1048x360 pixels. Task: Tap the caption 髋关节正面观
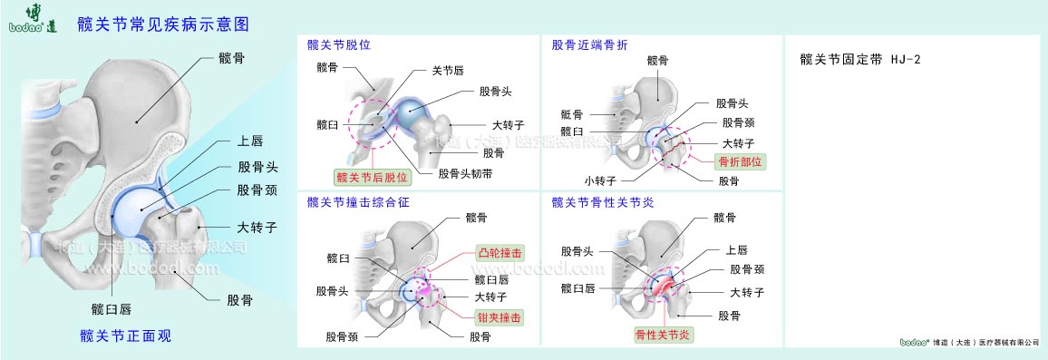(x=125, y=336)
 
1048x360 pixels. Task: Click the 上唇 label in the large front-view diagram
(x=249, y=141)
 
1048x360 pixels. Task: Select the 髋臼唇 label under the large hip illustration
(x=112, y=309)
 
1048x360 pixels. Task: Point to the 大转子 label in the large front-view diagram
(x=257, y=227)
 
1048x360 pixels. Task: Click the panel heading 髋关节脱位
(x=339, y=44)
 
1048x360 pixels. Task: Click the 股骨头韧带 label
(x=465, y=173)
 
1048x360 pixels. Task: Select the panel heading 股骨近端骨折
(x=589, y=44)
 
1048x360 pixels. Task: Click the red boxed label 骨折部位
(x=741, y=161)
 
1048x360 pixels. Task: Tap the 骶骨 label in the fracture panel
(x=572, y=114)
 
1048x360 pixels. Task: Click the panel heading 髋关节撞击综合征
(x=358, y=202)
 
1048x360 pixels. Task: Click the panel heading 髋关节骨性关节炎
(x=602, y=202)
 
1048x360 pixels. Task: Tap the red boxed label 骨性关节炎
(x=663, y=335)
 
